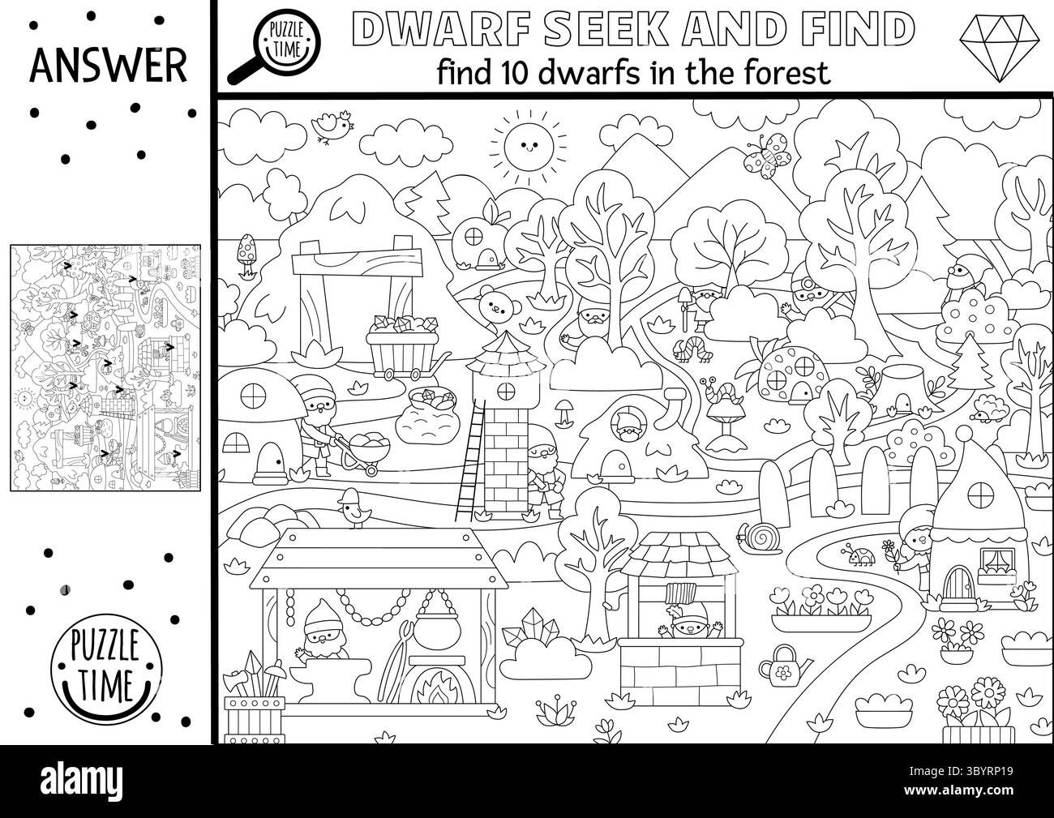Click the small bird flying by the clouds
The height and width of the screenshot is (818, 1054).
click(333, 126)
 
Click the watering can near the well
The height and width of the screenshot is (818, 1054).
click(779, 663)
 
